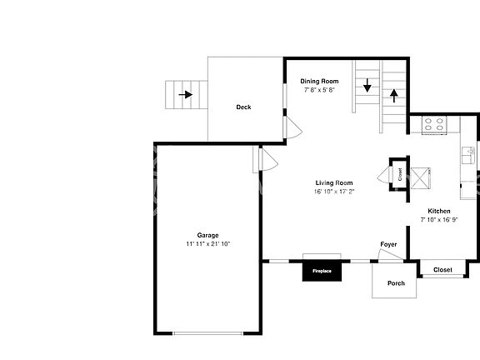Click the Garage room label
(207, 235)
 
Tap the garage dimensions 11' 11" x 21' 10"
(207, 243)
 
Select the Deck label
(243, 107)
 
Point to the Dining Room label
(319, 81)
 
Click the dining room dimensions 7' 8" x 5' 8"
(319, 89)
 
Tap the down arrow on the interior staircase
(367, 85)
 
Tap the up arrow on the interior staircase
(393, 95)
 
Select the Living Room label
(333, 182)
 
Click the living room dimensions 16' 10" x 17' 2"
(333, 191)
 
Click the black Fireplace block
(322, 271)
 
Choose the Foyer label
(388, 244)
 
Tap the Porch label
(396, 283)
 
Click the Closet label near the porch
(442, 269)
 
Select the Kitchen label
(439, 211)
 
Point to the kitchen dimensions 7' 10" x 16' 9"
(439, 221)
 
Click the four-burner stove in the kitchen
(433, 125)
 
